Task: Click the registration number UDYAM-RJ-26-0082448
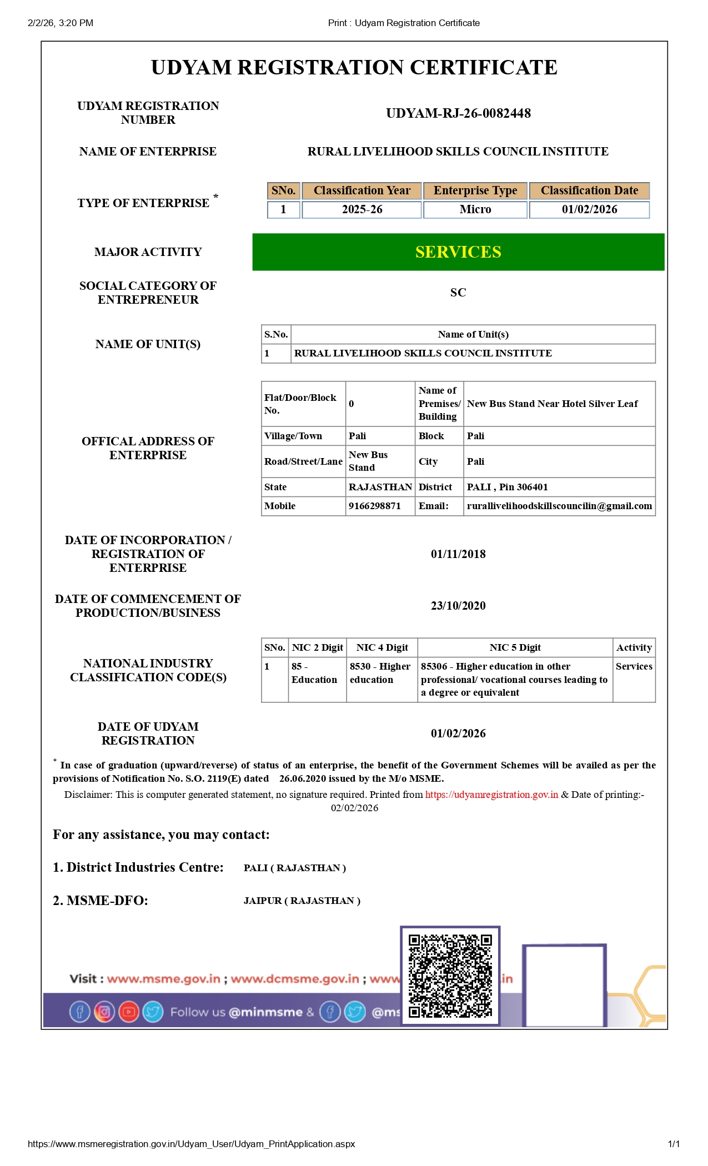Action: tap(458, 113)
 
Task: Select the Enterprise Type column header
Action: tap(475, 190)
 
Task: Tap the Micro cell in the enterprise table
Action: tap(475, 209)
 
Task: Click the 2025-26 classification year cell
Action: tap(361, 209)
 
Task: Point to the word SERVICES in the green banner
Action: tap(458, 252)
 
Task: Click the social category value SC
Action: tap(458, 293)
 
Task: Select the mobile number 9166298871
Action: tap(374, 506)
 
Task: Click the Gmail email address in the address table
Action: tap(559, 506)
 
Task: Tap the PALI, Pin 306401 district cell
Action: tap(507, 487)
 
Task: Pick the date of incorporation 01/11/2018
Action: tap(458, 554)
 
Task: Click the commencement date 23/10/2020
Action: tap(458, 606)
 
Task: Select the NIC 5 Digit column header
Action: tap(515, 647)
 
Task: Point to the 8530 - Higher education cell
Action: tap(381, 673)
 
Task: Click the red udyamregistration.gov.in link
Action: tap(491, 795)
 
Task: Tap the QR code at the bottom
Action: tap(450, 976)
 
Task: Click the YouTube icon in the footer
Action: tap(128, 1012)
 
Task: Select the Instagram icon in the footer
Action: tap(104, 1012)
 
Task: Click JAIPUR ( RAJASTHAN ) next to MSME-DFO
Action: tap(302, 901)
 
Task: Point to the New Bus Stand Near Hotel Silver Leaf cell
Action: tap(552, 404)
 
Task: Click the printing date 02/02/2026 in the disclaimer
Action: tap(354, 808)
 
